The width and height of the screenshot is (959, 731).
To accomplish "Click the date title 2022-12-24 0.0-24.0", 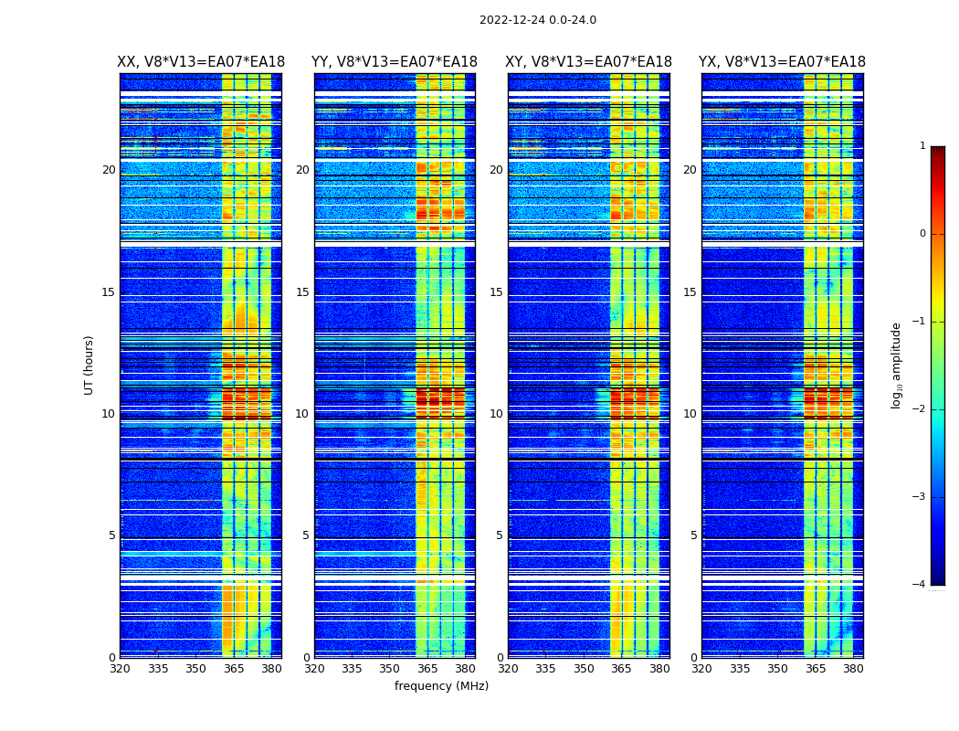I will click(x=537, y=20).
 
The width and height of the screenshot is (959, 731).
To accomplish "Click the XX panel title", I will click(x=201, y=62).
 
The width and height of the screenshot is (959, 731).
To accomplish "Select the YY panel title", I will click(x=395, y=62).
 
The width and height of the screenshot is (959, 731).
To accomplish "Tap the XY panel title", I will click(x=589, y=62).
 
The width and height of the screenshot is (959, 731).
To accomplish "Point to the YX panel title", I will click(x=783, y=62).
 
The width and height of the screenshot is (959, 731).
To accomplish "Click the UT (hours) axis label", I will click(x=90, y=365).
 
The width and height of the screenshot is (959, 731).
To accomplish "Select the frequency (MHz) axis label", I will click(x=441, y=686).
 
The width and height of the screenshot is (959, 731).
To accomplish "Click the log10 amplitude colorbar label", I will click(x=897, y=365).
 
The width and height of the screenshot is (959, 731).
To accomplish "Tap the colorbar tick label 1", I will click(x=922, y=146).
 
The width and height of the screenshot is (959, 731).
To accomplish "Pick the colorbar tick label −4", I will click(x=920, y=585).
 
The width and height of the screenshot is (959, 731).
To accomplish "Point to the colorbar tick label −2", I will click(x=920, y=409).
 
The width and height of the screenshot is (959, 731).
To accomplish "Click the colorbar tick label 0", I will click(x=922, y=234).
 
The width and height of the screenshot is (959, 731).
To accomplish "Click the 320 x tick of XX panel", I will click(x=120, y=669).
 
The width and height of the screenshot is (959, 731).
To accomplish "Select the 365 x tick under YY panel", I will click(x=428, y=669).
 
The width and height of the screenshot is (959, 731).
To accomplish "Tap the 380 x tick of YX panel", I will click(x=853, y=669).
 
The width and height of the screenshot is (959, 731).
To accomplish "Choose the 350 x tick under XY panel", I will click(x=584, y=669).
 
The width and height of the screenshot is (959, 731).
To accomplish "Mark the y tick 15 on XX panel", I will click(x=109, y=292).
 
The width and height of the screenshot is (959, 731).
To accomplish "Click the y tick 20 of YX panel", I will click(x=690, y=170).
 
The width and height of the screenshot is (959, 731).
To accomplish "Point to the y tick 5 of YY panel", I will click(x=306, y=535).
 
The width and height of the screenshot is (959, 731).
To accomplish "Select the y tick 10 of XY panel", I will click(x=497, y=414).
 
